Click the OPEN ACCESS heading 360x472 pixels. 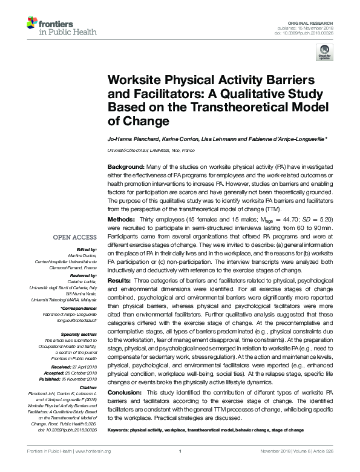tap(76, 237)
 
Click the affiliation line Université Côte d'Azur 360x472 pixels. tap(151, 149)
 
